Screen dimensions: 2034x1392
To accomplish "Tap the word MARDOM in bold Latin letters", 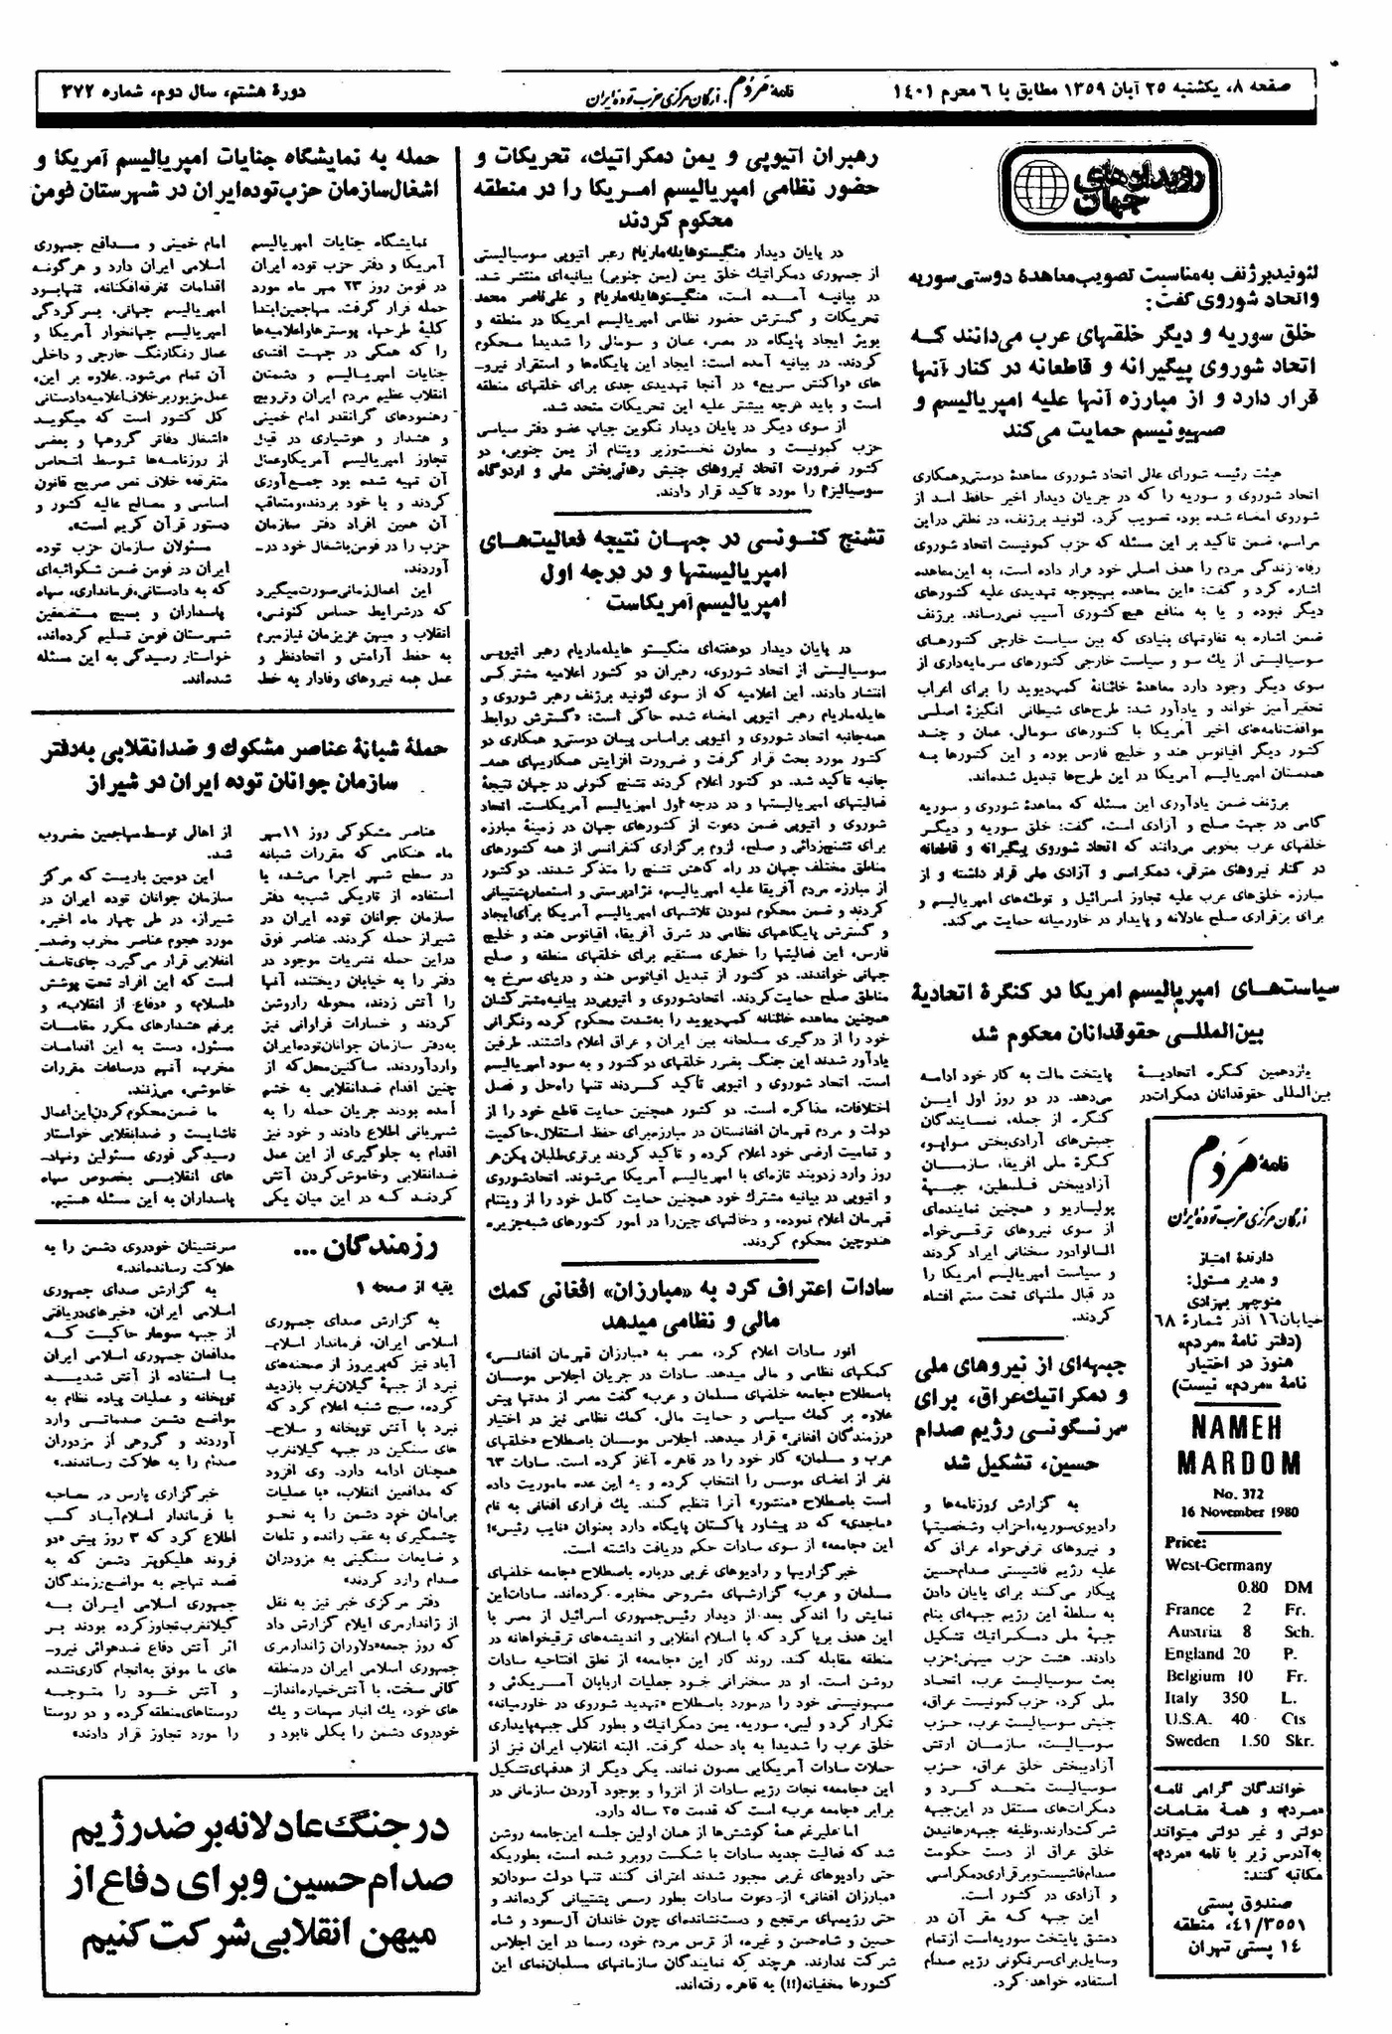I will (1239, 1462).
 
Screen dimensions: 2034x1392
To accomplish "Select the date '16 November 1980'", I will (1238, 1511).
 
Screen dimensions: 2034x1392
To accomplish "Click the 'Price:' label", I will (1185, 1542).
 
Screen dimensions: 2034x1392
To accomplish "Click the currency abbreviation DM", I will (1298, 1587).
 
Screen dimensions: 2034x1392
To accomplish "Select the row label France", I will (1189, 1610).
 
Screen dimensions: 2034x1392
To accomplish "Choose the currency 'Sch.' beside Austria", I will (1298, 1632).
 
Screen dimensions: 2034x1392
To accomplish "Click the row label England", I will (1193, 1653).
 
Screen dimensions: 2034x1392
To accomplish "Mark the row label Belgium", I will (1194, 1675).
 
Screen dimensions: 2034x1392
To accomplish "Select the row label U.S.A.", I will (1188, 1719).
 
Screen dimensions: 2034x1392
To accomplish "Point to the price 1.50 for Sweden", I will (1254, 1741).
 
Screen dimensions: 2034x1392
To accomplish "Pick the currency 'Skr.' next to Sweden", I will (1298, 1741).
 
